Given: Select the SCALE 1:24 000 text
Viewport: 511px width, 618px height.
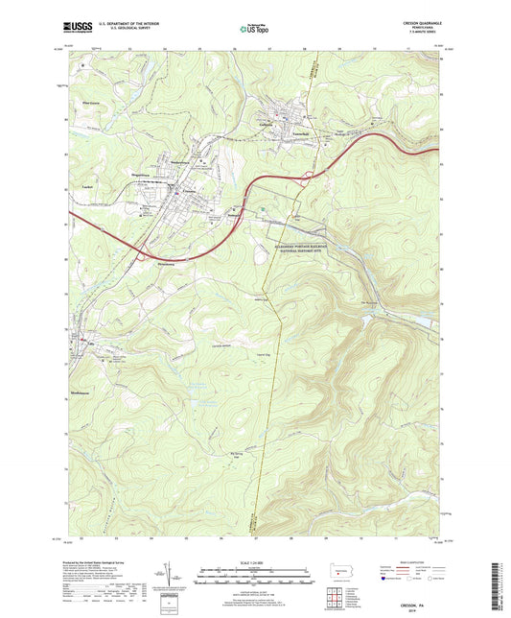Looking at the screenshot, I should pyautogui.click(x=254, y=562).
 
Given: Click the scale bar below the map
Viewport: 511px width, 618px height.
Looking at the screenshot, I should pyautogui.click(x=254, y=580).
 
